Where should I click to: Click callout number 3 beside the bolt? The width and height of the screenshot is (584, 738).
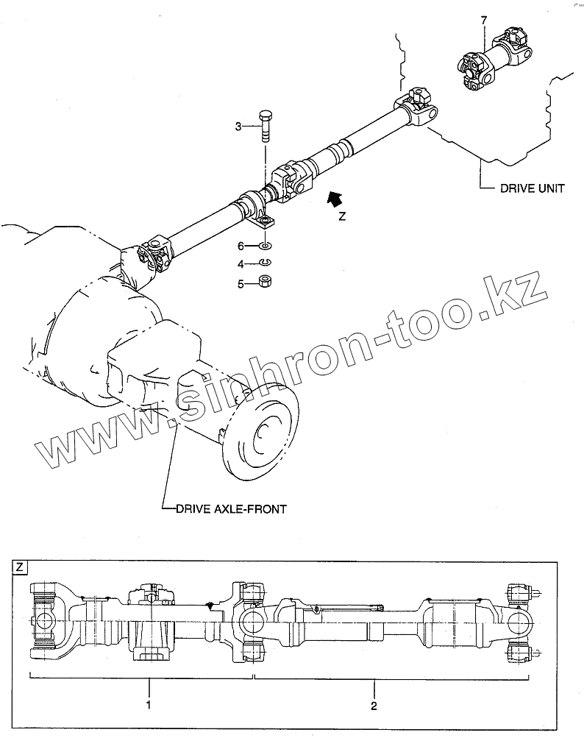(238, 127)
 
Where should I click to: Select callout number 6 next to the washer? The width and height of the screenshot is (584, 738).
(240, 246)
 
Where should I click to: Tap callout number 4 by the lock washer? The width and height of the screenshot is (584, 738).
(240, 263)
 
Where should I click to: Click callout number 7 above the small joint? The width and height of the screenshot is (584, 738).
(483, 20)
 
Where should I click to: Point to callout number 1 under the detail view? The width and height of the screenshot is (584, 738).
(149, 706)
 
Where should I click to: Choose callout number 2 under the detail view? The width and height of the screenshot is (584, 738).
(374, 706)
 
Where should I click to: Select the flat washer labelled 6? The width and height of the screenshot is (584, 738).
(266, 246)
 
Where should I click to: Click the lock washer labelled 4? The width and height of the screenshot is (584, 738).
(266, 263)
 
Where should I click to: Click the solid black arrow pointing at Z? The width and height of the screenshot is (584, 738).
(335, 197)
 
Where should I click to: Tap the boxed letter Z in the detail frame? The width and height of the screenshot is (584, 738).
(20, 567)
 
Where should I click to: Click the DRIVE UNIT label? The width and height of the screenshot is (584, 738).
(533, 188)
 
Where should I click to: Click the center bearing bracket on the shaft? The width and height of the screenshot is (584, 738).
(263, 211)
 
